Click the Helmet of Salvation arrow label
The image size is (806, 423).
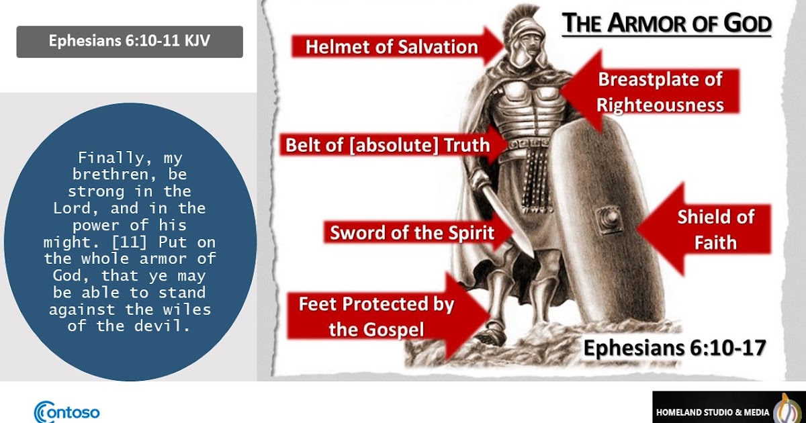(392, 47)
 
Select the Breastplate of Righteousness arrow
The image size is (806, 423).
(658, 92)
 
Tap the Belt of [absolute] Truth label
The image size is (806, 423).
(388, 145)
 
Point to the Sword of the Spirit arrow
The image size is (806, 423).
(412, 233)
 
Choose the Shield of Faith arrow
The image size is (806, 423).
(715, 229)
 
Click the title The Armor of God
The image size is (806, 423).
(666, 24)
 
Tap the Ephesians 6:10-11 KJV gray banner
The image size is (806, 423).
(129, 42)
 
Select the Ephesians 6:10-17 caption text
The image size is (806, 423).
(674, 348)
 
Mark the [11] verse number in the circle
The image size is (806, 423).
(150, 242)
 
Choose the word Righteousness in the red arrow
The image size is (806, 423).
(660, 105)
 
